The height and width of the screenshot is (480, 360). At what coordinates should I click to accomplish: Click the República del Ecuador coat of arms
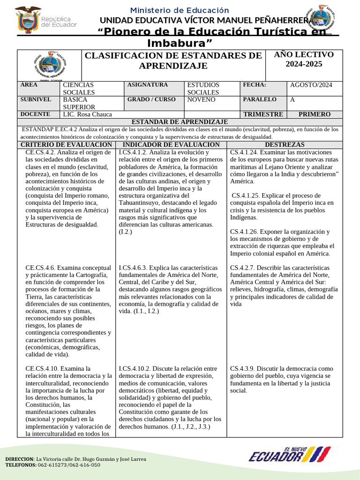point(29,20)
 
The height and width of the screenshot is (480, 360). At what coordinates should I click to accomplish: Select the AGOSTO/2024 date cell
point(311,85)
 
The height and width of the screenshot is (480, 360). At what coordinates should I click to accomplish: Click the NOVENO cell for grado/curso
point(201,100)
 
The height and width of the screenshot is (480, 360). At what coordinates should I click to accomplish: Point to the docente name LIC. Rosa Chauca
point(87,114)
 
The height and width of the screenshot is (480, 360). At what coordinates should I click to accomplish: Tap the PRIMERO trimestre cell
point(314,114)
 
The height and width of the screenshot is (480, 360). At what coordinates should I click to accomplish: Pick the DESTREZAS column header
point(285,145)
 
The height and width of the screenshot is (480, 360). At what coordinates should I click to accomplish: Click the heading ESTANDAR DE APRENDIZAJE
point(180,121)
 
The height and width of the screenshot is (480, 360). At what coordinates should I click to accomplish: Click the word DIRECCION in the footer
point(19,459)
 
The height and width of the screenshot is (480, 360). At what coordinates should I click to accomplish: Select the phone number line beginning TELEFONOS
point(52,465)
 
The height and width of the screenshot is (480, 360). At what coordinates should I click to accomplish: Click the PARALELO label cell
point(260,100)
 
